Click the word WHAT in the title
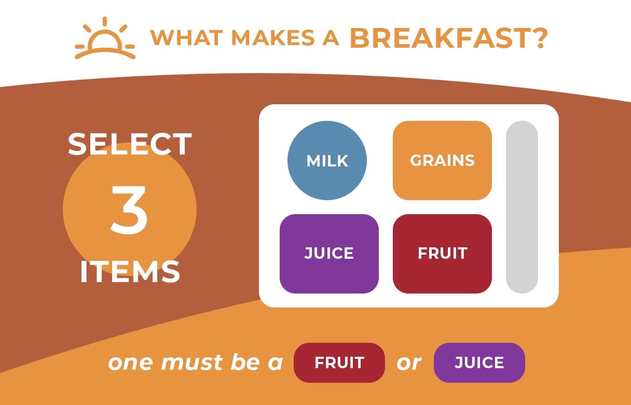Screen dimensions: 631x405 (x=186, y=37)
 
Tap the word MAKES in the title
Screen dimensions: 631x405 (x=272, y=37)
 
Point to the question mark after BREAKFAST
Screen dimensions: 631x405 (x=540, y=38)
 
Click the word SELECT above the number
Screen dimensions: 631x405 (x=130, y=144)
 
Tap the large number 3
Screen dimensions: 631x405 (x=129, y=210)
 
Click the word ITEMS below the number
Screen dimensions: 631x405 (x=130, y=272)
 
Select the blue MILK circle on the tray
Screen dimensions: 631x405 (x=327, y=160)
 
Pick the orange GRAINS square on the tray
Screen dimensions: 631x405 (x=442, y=160)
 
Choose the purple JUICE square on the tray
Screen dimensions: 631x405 (x=329, y=254)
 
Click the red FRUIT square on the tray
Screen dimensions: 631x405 (x=442, y=254)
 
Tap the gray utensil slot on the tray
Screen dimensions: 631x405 (x=522, y=207)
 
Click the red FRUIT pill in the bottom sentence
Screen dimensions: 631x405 (x=339, y=362)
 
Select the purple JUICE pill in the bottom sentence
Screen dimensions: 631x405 (x=479, y=362)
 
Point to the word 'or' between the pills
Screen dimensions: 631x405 (x=409, y=363)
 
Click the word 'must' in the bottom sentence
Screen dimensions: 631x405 (x=193, y=362)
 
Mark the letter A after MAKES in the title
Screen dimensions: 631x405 (x=331, y=37)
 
